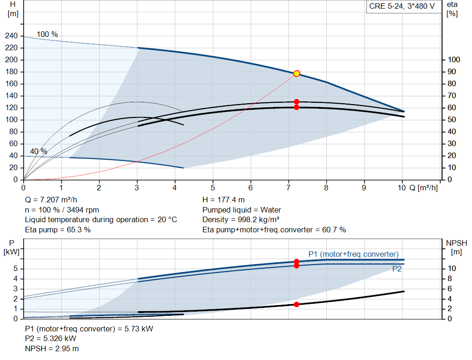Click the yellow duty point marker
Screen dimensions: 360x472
click(x=296, y=73)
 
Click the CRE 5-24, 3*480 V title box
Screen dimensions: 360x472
click(x=402, y=7)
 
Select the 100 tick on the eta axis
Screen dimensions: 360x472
click(x=454, y=60)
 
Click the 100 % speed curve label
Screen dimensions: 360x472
click(x=47, y=35)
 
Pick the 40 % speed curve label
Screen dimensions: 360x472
click(x=39, y=151)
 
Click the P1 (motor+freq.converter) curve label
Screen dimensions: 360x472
click(x=353, y=254)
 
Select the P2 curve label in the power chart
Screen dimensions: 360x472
click(x=397, y=269)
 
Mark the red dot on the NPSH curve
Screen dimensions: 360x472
click(x=296, y=304)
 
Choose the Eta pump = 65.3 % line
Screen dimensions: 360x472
click(x=58, y=230)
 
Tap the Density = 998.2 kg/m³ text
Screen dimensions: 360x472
click(x=241, y=219)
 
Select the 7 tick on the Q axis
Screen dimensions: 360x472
click(x=289, y=188)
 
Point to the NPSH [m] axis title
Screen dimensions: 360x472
click(x=456, y=248)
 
